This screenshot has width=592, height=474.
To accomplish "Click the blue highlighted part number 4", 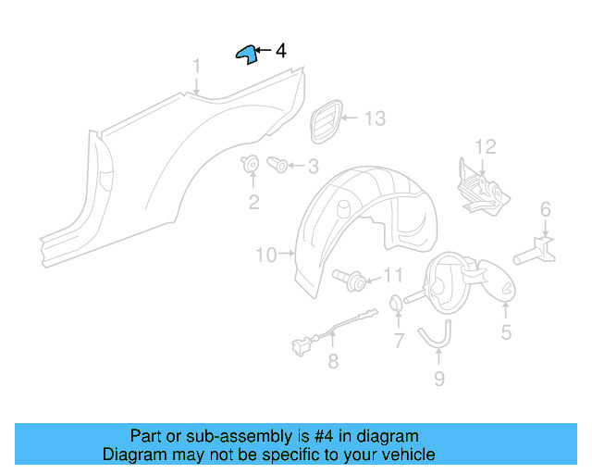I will (245, 54).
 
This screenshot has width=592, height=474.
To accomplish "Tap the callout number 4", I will (281, 51).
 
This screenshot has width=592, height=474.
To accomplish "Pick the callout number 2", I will (253, 202).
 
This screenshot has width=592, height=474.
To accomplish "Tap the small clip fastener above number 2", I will (251, 166).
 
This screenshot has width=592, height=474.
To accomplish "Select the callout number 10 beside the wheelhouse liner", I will (265, 254).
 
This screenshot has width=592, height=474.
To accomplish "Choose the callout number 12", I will (486, 146).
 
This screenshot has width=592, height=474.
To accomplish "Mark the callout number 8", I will (333, 362).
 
